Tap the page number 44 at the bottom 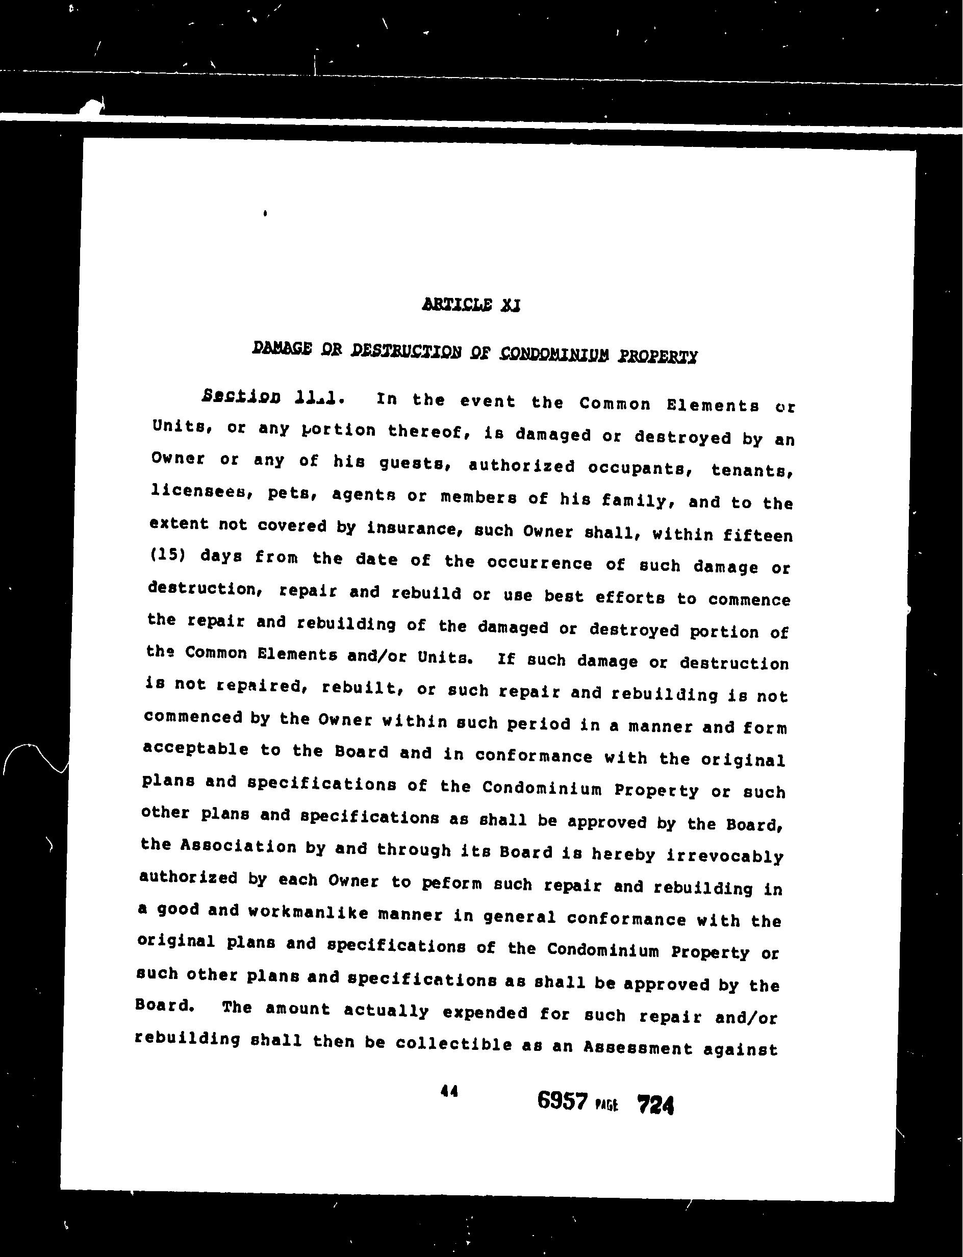click(449, 1091)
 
